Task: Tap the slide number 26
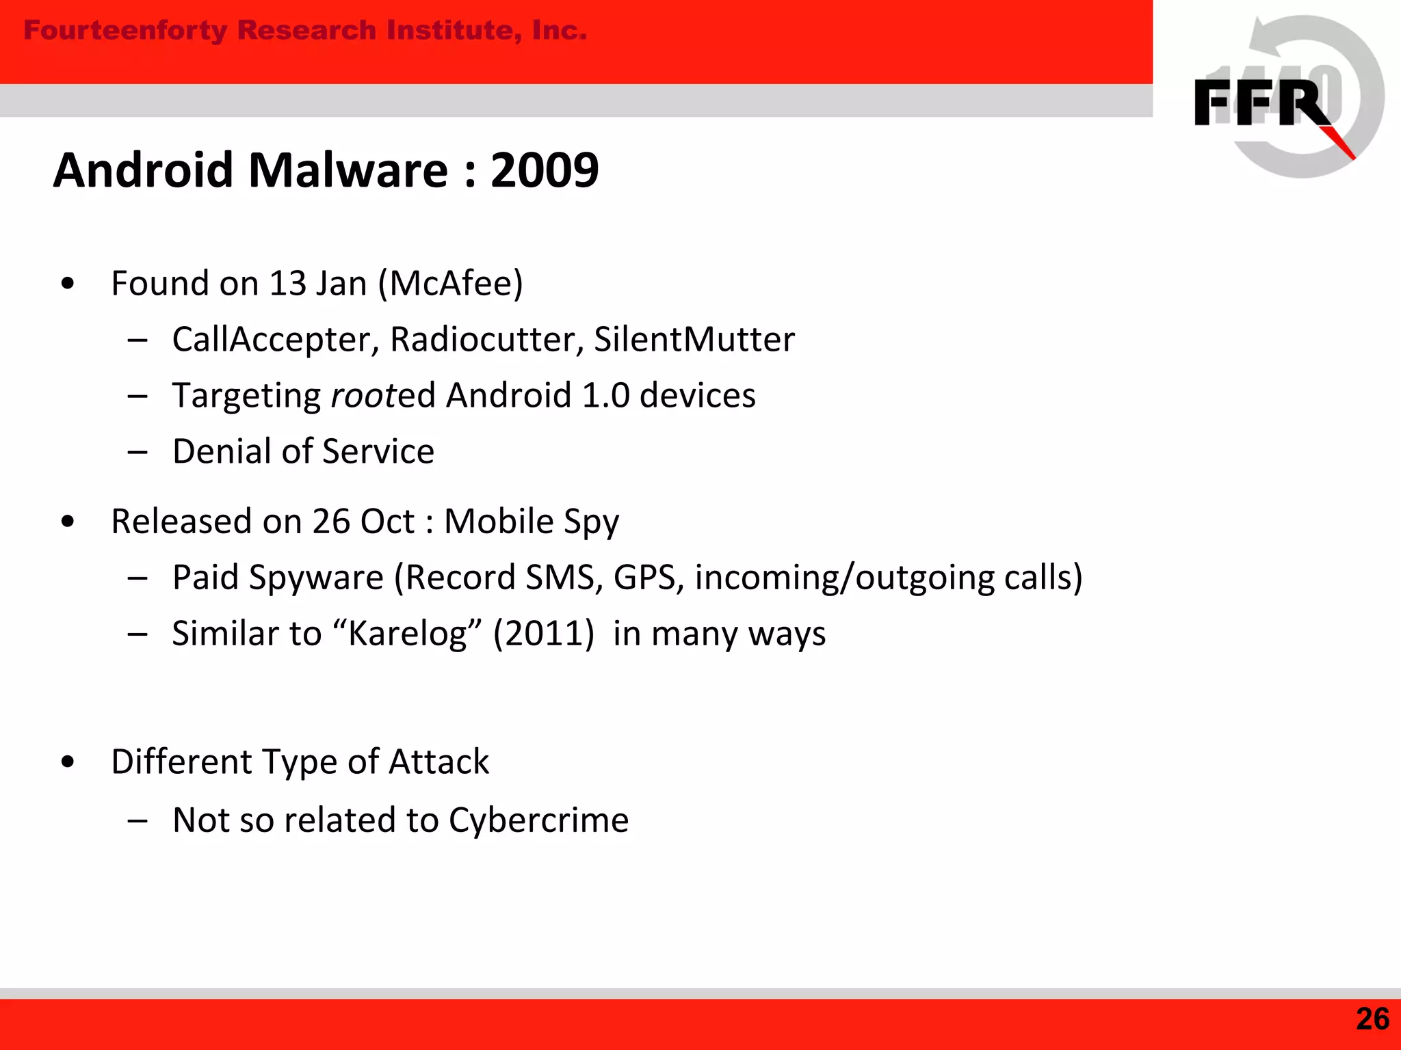click(x=1372, y=1019)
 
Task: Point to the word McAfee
click(x=451, y=283)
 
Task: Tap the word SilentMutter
click(x=694, y=340)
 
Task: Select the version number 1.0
click(x=605, y=396)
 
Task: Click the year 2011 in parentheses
click(x=543, y=634)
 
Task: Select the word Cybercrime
click(x=538, y=820)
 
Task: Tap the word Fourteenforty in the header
click(x=125, y=31)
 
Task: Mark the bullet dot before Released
click(x=67, y=522)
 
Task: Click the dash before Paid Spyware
click(x=138, y=578)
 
